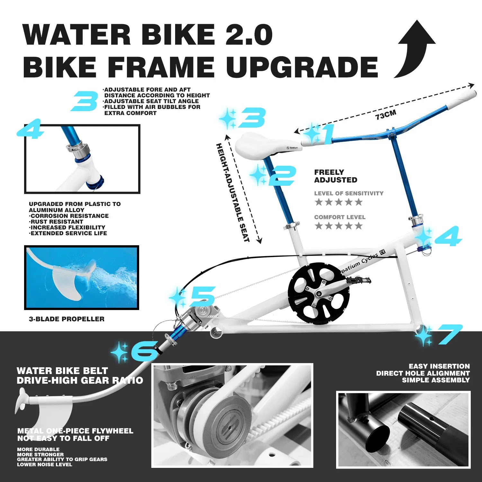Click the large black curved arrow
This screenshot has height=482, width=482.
pyautogui.click(x=415, y=48)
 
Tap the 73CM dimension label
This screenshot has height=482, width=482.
pyautogui.click(x=386, y=115)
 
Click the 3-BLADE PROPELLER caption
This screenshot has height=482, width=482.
pyautogui.click(x=67, y=319)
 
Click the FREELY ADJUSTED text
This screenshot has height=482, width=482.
pyautogui.click(x=335, y=176)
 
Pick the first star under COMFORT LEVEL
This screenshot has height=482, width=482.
pyautogui.click(x=318, y=226)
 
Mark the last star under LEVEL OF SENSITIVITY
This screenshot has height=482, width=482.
pyautogui.click(x=359, y=202)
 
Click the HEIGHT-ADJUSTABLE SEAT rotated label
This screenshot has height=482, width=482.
pyautogui.click(x=233, y=192)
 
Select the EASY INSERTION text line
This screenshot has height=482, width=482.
pyautogui.click(x=439, y=366)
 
